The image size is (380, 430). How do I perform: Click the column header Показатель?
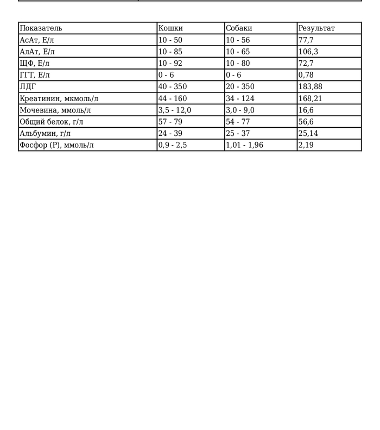click(41, 28)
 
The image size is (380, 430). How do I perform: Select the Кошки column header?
click(170, 28)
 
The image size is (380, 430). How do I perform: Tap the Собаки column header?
click(239, 28)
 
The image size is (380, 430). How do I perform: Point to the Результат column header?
click(316, 28)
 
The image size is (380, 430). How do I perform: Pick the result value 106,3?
click(308, 52)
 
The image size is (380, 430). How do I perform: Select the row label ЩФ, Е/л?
click(34, 64)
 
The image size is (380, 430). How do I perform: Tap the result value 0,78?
click(306, 75)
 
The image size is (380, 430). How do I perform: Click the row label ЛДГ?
click(27, 87)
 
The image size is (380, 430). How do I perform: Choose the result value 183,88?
click(310, 87)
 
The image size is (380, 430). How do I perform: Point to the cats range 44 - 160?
click(172, 99)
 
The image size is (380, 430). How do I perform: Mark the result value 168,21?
click(310, 99)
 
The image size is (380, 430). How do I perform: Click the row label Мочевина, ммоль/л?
click(55, 110)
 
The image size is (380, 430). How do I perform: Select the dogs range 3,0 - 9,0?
click(240, 110)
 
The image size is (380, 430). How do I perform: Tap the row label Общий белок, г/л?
click(51, 122)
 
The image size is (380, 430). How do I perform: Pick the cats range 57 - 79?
click(170, 122)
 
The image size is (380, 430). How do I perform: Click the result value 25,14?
click(308, 134)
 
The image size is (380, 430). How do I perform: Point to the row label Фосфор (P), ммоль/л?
click(56, 145)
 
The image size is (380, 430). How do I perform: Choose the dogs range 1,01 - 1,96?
click(244, 145)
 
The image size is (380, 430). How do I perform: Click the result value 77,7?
click(306, 40)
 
